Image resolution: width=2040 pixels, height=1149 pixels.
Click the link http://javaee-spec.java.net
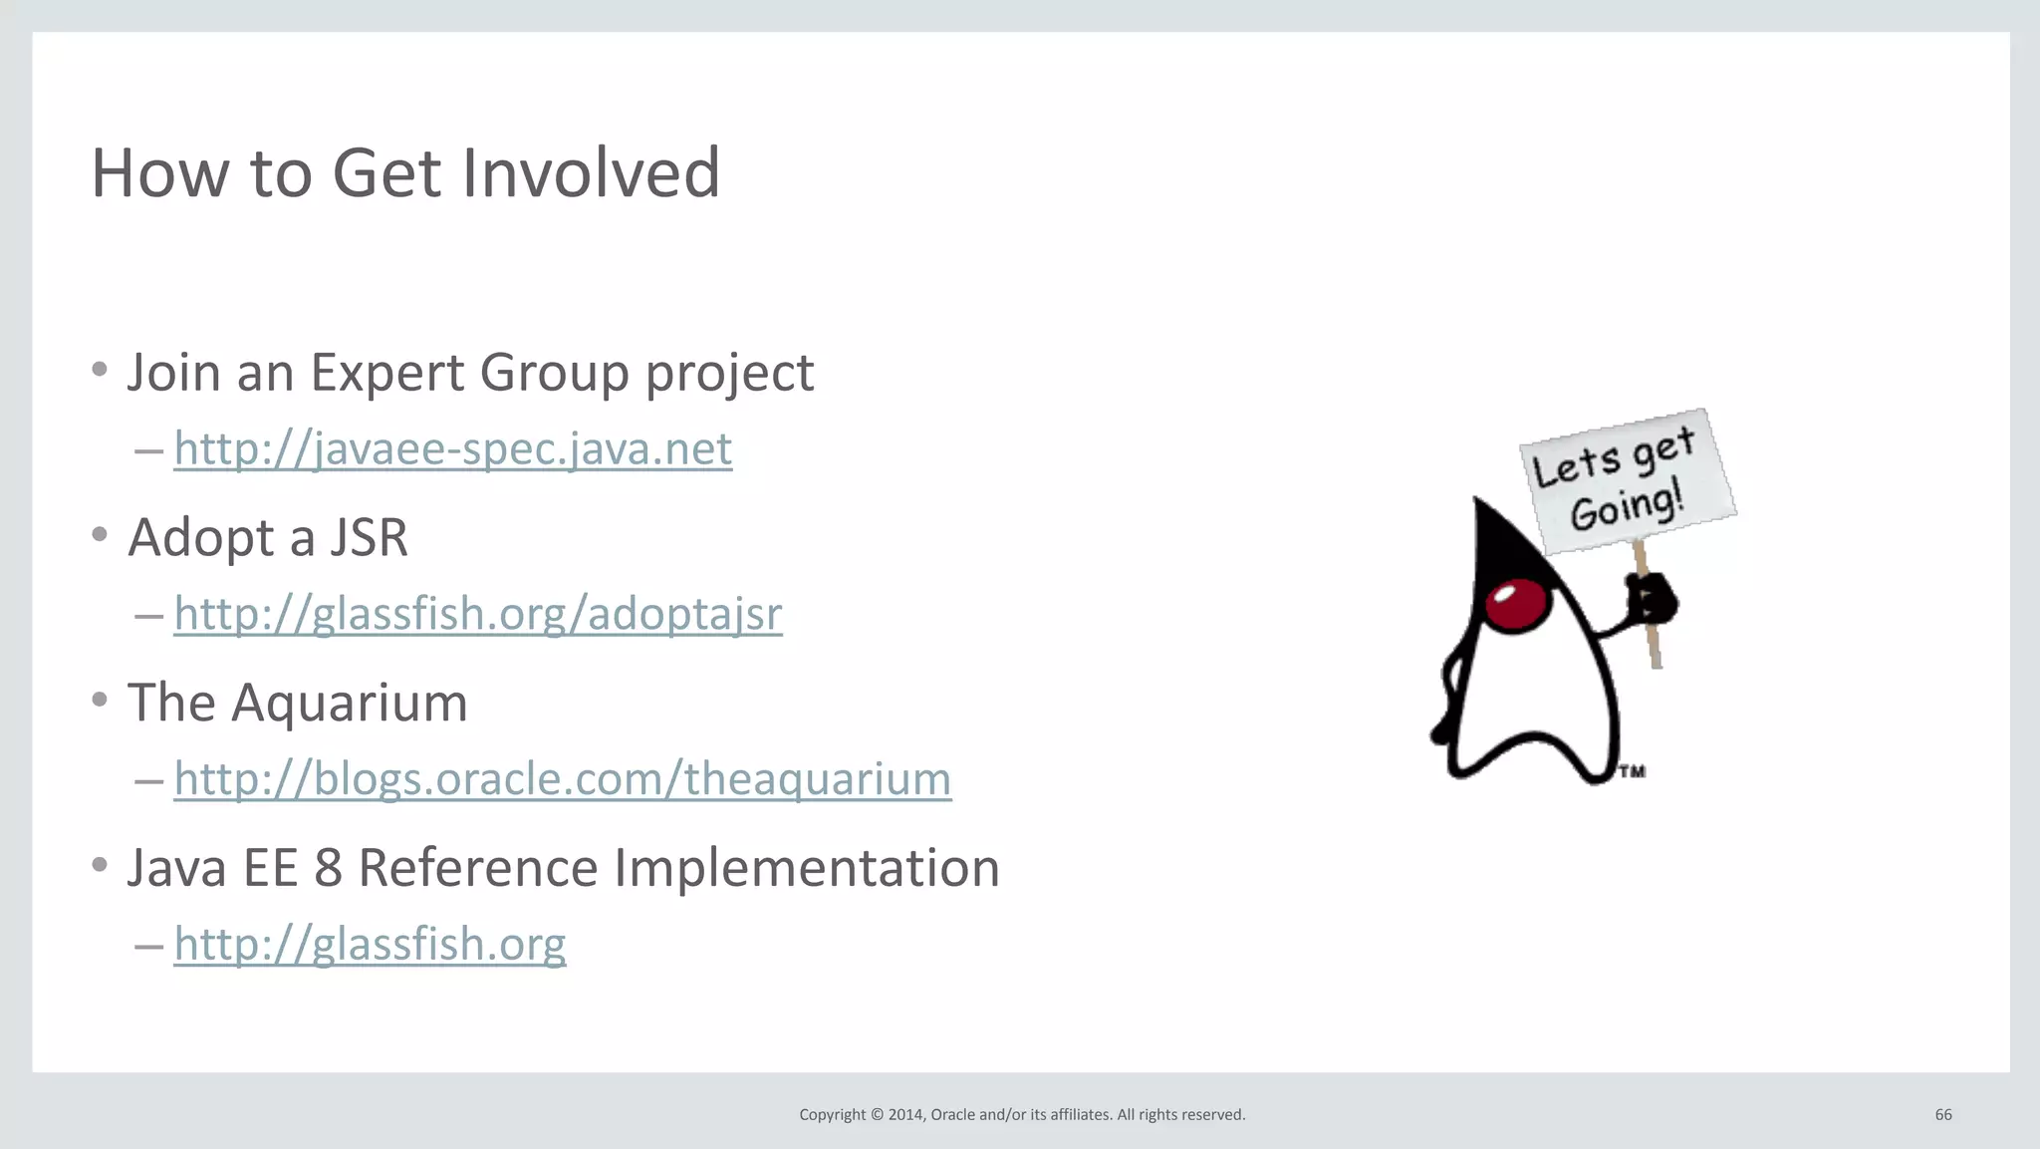click(x=452, y=448)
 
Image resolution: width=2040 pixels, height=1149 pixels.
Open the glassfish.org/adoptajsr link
click(x=477, y=614)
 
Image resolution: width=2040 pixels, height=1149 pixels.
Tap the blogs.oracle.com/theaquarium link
click(x=562, y=778)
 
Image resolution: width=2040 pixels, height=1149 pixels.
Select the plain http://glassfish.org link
click(x=370, y=944)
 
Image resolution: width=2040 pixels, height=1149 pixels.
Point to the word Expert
click(x=386, y=373)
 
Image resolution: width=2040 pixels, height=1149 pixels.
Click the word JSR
click(x=369, y=538)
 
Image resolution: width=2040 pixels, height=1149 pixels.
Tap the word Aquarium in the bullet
click(x=349, y=704)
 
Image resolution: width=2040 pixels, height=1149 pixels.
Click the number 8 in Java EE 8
click(x=328, y=868)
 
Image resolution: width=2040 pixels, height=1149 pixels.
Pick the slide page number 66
click(x=1943, y=1114)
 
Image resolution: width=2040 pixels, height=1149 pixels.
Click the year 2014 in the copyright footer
click(x=905, y=1114)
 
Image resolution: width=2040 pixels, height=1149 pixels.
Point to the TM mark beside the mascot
click(x=1632, y=771)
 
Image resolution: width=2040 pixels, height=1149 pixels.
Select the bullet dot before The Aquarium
click(x=100, y=700)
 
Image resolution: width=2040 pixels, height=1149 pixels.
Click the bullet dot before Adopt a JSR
click(x=100, y=535)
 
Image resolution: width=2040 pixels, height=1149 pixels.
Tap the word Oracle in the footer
click(x=952, y=1114)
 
